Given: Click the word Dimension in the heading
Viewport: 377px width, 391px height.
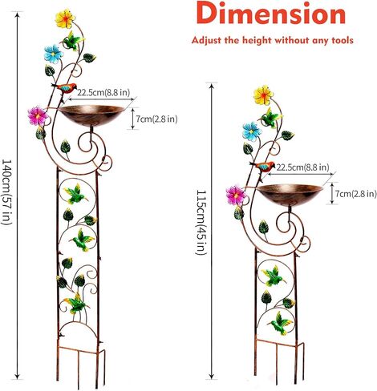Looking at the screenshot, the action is (x=271, y=14).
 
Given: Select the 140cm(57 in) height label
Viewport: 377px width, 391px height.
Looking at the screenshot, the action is (x=6, y=192).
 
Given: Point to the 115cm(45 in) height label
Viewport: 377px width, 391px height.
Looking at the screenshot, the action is (x=201, y=222).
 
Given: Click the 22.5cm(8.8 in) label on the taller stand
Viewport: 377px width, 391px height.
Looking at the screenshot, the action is (x=103, y=92).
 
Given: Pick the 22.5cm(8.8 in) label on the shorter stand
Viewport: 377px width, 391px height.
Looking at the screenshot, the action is (x=302, y=167).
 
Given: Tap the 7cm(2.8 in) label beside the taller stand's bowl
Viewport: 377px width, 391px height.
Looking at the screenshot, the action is (x=156, y=119).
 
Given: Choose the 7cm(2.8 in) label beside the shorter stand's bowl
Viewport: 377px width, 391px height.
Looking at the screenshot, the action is (x=356, y=193).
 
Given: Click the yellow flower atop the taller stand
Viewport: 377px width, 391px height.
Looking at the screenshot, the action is (x=65, y=18).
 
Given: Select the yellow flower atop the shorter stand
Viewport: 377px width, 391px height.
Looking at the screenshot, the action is (x=264, y=95).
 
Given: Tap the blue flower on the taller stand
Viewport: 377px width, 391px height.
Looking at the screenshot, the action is (x=54, y=54).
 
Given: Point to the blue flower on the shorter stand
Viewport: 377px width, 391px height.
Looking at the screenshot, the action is (x=252, y=131).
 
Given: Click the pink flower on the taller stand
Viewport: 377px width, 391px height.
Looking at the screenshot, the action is (x=38, y=116).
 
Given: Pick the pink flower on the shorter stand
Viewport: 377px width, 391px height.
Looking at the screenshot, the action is (x=236, y=195).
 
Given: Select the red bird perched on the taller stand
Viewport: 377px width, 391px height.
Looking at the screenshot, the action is (x=64, y=88).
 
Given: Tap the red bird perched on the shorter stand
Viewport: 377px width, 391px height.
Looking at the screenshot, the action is (x=262, y=166).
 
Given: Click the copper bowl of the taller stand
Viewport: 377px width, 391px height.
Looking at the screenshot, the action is (x=91, y=115).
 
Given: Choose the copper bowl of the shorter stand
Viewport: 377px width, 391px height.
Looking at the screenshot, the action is (x=290, y=195).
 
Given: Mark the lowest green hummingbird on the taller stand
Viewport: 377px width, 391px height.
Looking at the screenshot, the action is (x=75, y=304).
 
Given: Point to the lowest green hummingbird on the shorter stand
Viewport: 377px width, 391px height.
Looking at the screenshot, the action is (x=280, y=324).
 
